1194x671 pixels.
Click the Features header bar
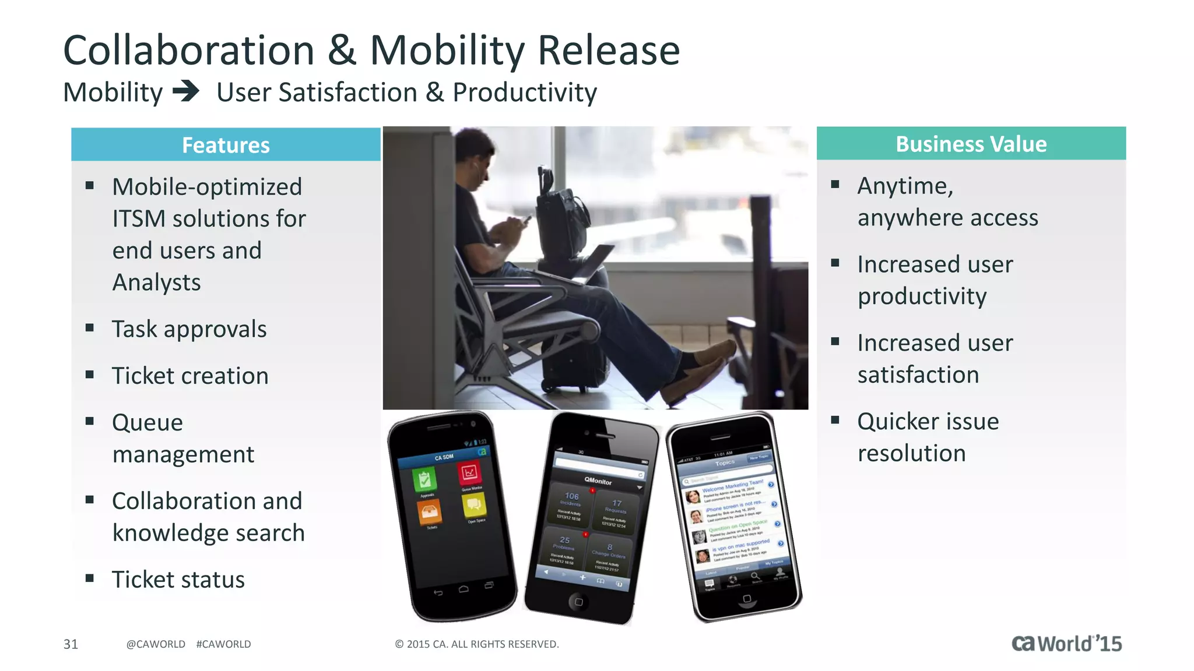point(226,144)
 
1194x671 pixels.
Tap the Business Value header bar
point(971,143)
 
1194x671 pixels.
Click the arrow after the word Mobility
point(187,91)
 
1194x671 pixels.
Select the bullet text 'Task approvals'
point(189,329)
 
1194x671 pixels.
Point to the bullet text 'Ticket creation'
point(190,376)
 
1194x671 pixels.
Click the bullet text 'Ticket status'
point(178,580)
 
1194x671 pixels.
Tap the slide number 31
point(71,644)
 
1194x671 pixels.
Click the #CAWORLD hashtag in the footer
point(223,644)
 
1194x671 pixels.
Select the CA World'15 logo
point(1066,643)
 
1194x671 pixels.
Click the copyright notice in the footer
point(476,644)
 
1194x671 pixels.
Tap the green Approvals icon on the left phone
point(424,479)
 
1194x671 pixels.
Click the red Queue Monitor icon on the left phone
point(469,472)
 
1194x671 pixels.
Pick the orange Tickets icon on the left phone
point(430,513)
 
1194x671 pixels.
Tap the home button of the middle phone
point(578,602)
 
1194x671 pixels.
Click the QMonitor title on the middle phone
point(598,481)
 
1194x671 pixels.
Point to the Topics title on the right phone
point(725,463)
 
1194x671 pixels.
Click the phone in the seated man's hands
point(525,220)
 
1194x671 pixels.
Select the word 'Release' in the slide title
point(608,50)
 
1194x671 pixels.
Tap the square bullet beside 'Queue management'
point(90,421)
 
